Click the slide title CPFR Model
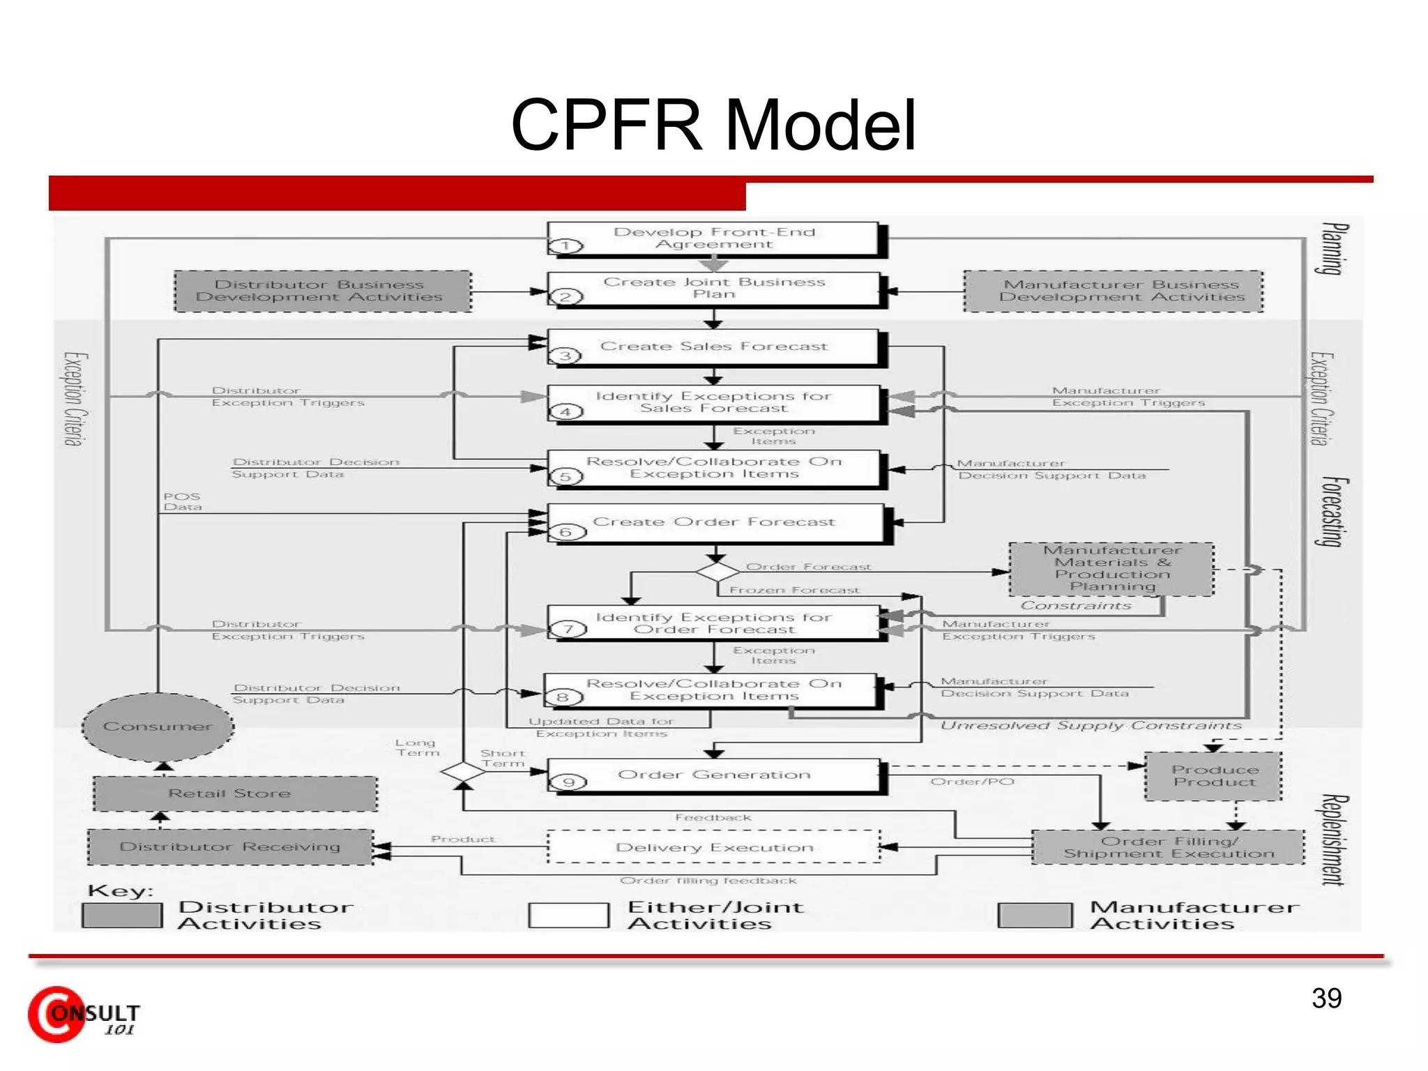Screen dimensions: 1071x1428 click(x=713, y=125)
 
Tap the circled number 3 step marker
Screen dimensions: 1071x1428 click(x=565, y=356)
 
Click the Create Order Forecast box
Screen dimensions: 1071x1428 click(x=715, y=523)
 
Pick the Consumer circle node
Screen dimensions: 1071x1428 click(x=158, y=727)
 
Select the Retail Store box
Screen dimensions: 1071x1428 click(x=235, y=793)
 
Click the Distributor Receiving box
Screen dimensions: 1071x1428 click(x=230, y=846)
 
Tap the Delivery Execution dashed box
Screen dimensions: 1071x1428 click(x=714, y=847)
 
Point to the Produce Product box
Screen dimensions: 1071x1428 click(x=1214, y=775)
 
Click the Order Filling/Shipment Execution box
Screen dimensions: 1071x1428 click(x=1168, y=847)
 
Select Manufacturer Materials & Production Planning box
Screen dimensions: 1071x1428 click(x=1111, y=568)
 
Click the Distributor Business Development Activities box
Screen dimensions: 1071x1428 click(x=321, y=291)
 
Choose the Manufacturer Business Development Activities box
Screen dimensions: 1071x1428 click(x=1114, y=291)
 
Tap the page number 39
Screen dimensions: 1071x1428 click(x=1326, y=998)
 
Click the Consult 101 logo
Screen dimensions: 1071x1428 click(x=84, y=1015)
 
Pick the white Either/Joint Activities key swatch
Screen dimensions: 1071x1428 click(x=568, y=915)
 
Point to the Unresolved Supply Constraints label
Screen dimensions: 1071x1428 click(x=1091, y=726)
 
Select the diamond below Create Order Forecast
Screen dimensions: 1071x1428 click(x=717, y=572)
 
